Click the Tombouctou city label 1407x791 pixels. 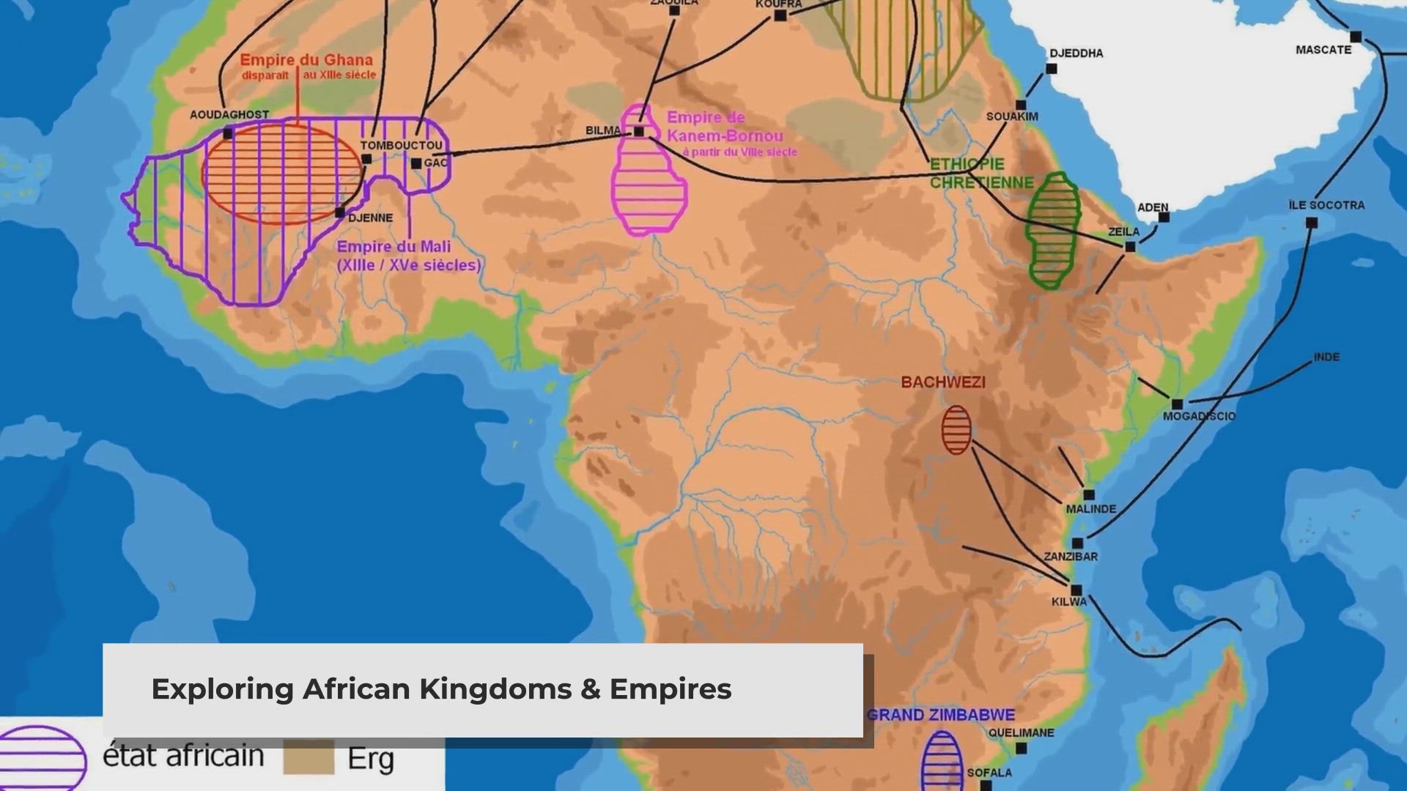click(401, 145)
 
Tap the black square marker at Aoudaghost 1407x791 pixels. click(228, 133)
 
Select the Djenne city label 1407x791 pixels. click(370, 218)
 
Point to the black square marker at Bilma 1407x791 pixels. click(638, 132)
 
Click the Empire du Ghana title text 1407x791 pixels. click(306, 60)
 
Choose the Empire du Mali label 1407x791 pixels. click(394, 247)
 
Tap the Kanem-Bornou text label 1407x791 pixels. click(724, 135)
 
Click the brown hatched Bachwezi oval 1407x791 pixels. click(956, 430)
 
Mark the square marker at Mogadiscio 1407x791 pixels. click(1177, 404)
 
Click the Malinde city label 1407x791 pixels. click(1090, 508)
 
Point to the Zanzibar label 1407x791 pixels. click(1071, 557)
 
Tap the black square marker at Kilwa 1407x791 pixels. click(1076, 590)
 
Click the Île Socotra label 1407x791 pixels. click(1326, 205)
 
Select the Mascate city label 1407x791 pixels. click(1323, 50)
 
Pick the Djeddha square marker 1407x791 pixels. click(1051, 69)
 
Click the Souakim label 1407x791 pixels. click(1011, 116)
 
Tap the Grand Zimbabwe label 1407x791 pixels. click(940, 715)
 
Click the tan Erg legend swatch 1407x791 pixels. click(309, 757)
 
